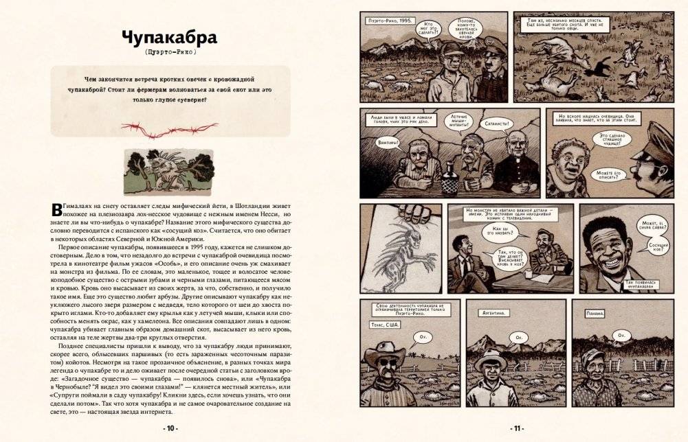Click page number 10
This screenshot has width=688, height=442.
pos(170,428)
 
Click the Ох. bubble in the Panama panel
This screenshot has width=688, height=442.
pos(621,335)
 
